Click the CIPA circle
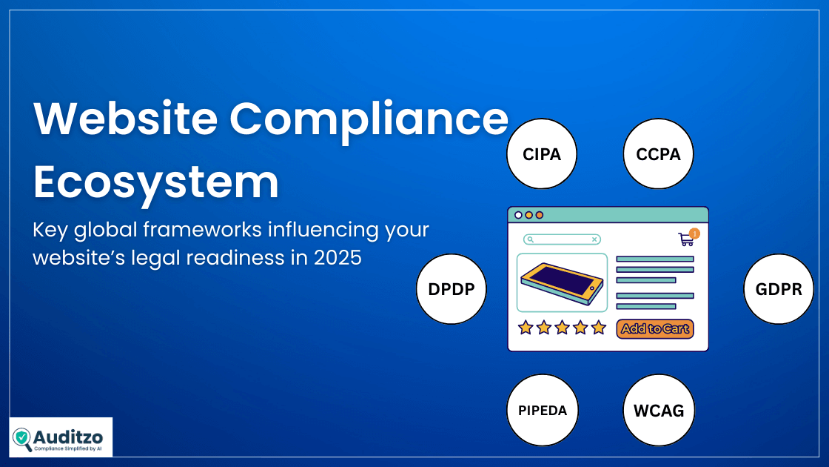point(543,154)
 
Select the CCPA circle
point(658,154)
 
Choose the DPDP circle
point(452,289)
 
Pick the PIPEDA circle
point(543,410)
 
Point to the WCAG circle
point(658,410)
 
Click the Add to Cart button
point(654,328)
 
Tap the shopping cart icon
point(686,239)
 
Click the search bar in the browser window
point(562,239)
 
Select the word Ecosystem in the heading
point(155,181)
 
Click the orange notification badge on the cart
point(694,233)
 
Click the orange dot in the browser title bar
point(540,215)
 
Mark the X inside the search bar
point(594,239)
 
